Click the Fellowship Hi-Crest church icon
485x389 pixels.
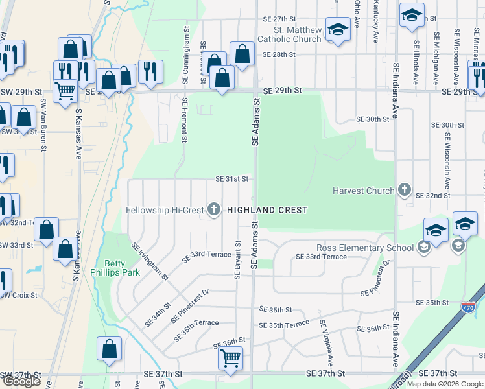(x=214, y=209)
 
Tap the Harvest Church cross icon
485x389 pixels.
(x=405, y=190)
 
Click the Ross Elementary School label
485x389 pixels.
(x=365, y=248)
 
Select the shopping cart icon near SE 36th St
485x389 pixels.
(x=231, y=357)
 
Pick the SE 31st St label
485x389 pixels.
(x=233, y=179)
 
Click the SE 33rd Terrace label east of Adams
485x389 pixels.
(x=321, y=257)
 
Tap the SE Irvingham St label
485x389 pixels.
(x=150, y=262)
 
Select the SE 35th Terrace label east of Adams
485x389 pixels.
(x=283, y=324)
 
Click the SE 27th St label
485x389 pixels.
(x=279, y=19)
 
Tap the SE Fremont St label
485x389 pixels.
(x=184, y=120)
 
